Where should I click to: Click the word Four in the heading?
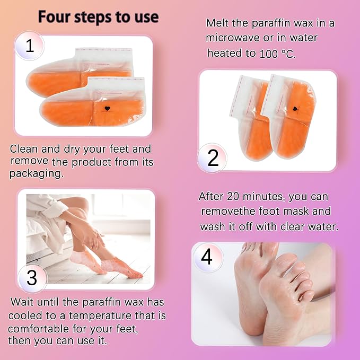click(x=54, y=17)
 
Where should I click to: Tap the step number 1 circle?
click(x=30, y=46)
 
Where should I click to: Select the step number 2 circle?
click(x=213, y=158)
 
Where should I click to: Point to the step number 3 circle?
click(x=32, y=278)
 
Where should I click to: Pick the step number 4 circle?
click(x=206, y=257)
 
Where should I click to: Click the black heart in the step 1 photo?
click(x=107, y=108)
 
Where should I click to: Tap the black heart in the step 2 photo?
click(x=295, y=109)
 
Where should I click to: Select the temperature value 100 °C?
click(x=277, y=54)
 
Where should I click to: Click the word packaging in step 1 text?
click(x=36, y=174)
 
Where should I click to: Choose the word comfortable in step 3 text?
click(x=39, y=329)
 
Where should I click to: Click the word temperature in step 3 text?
click(x=100, y=315)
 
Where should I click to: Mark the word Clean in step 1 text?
click(x=24, y=149)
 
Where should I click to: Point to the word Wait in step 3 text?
click(x=22, y=302)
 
